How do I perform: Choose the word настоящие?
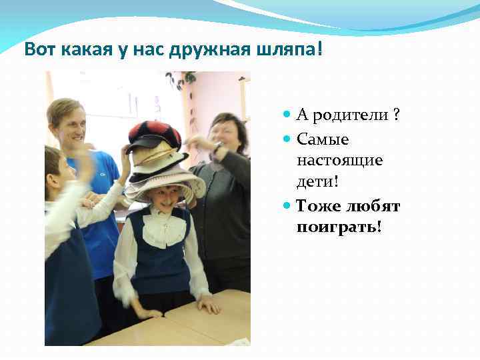point(339,161)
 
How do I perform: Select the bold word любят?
point(373,206)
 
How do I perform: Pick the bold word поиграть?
point(339,227)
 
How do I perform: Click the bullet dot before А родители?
point(287,115)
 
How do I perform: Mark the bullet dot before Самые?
point(287,139)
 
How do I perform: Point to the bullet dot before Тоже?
point(287,206)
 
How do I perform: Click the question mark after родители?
point(397,115)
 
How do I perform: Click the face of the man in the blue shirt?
point(69,123)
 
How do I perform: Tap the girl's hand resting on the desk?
point(208,306)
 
